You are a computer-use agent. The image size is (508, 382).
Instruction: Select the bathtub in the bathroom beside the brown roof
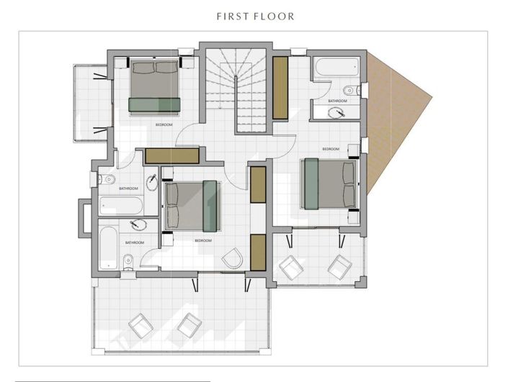tap(337, 67)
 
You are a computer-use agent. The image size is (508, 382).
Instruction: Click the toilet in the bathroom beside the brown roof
tap(351, 90)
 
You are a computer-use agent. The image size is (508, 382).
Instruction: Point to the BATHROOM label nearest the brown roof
tap(337, 101)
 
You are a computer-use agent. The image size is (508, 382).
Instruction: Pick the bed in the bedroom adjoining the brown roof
tap(329, 183)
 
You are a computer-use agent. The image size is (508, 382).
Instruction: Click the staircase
tap(236, 91)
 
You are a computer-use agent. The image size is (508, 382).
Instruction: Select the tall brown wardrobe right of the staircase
tap(280, 88)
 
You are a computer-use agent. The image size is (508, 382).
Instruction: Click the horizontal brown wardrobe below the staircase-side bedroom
tap(171, 156)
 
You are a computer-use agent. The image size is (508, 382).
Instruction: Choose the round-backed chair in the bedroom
tap(232, 258)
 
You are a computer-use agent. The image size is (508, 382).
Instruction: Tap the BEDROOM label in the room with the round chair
tap(203, 241)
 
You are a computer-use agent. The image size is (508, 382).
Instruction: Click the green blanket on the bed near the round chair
tap(210, 206)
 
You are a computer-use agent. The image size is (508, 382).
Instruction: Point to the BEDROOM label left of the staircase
tap(164, 124)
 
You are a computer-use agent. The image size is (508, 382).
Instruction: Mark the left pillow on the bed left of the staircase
tap(143, 68)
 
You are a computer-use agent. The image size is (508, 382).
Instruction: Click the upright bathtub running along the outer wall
tap(108, 248)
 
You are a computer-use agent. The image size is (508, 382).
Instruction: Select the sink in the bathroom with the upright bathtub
tap(138, 224)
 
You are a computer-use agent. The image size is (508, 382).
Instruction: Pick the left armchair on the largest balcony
tap(141, 326)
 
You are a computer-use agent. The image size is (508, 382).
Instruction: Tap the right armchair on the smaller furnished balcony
tap(339, 267)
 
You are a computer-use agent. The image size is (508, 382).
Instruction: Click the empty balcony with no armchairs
tap(91, 103)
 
